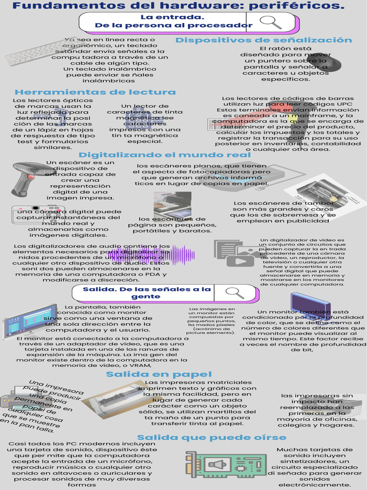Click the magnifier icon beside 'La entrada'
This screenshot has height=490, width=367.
[270, 22]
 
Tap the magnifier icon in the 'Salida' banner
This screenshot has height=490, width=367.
[235, 292]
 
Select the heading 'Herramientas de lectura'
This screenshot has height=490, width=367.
[95, 92]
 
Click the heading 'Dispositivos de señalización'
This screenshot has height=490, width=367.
[263, 40]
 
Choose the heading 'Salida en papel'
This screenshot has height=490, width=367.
[152, 374]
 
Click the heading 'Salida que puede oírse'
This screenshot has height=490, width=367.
[212, 437]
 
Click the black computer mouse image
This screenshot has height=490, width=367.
[330, 63]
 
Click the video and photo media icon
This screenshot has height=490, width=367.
[237, 253]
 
